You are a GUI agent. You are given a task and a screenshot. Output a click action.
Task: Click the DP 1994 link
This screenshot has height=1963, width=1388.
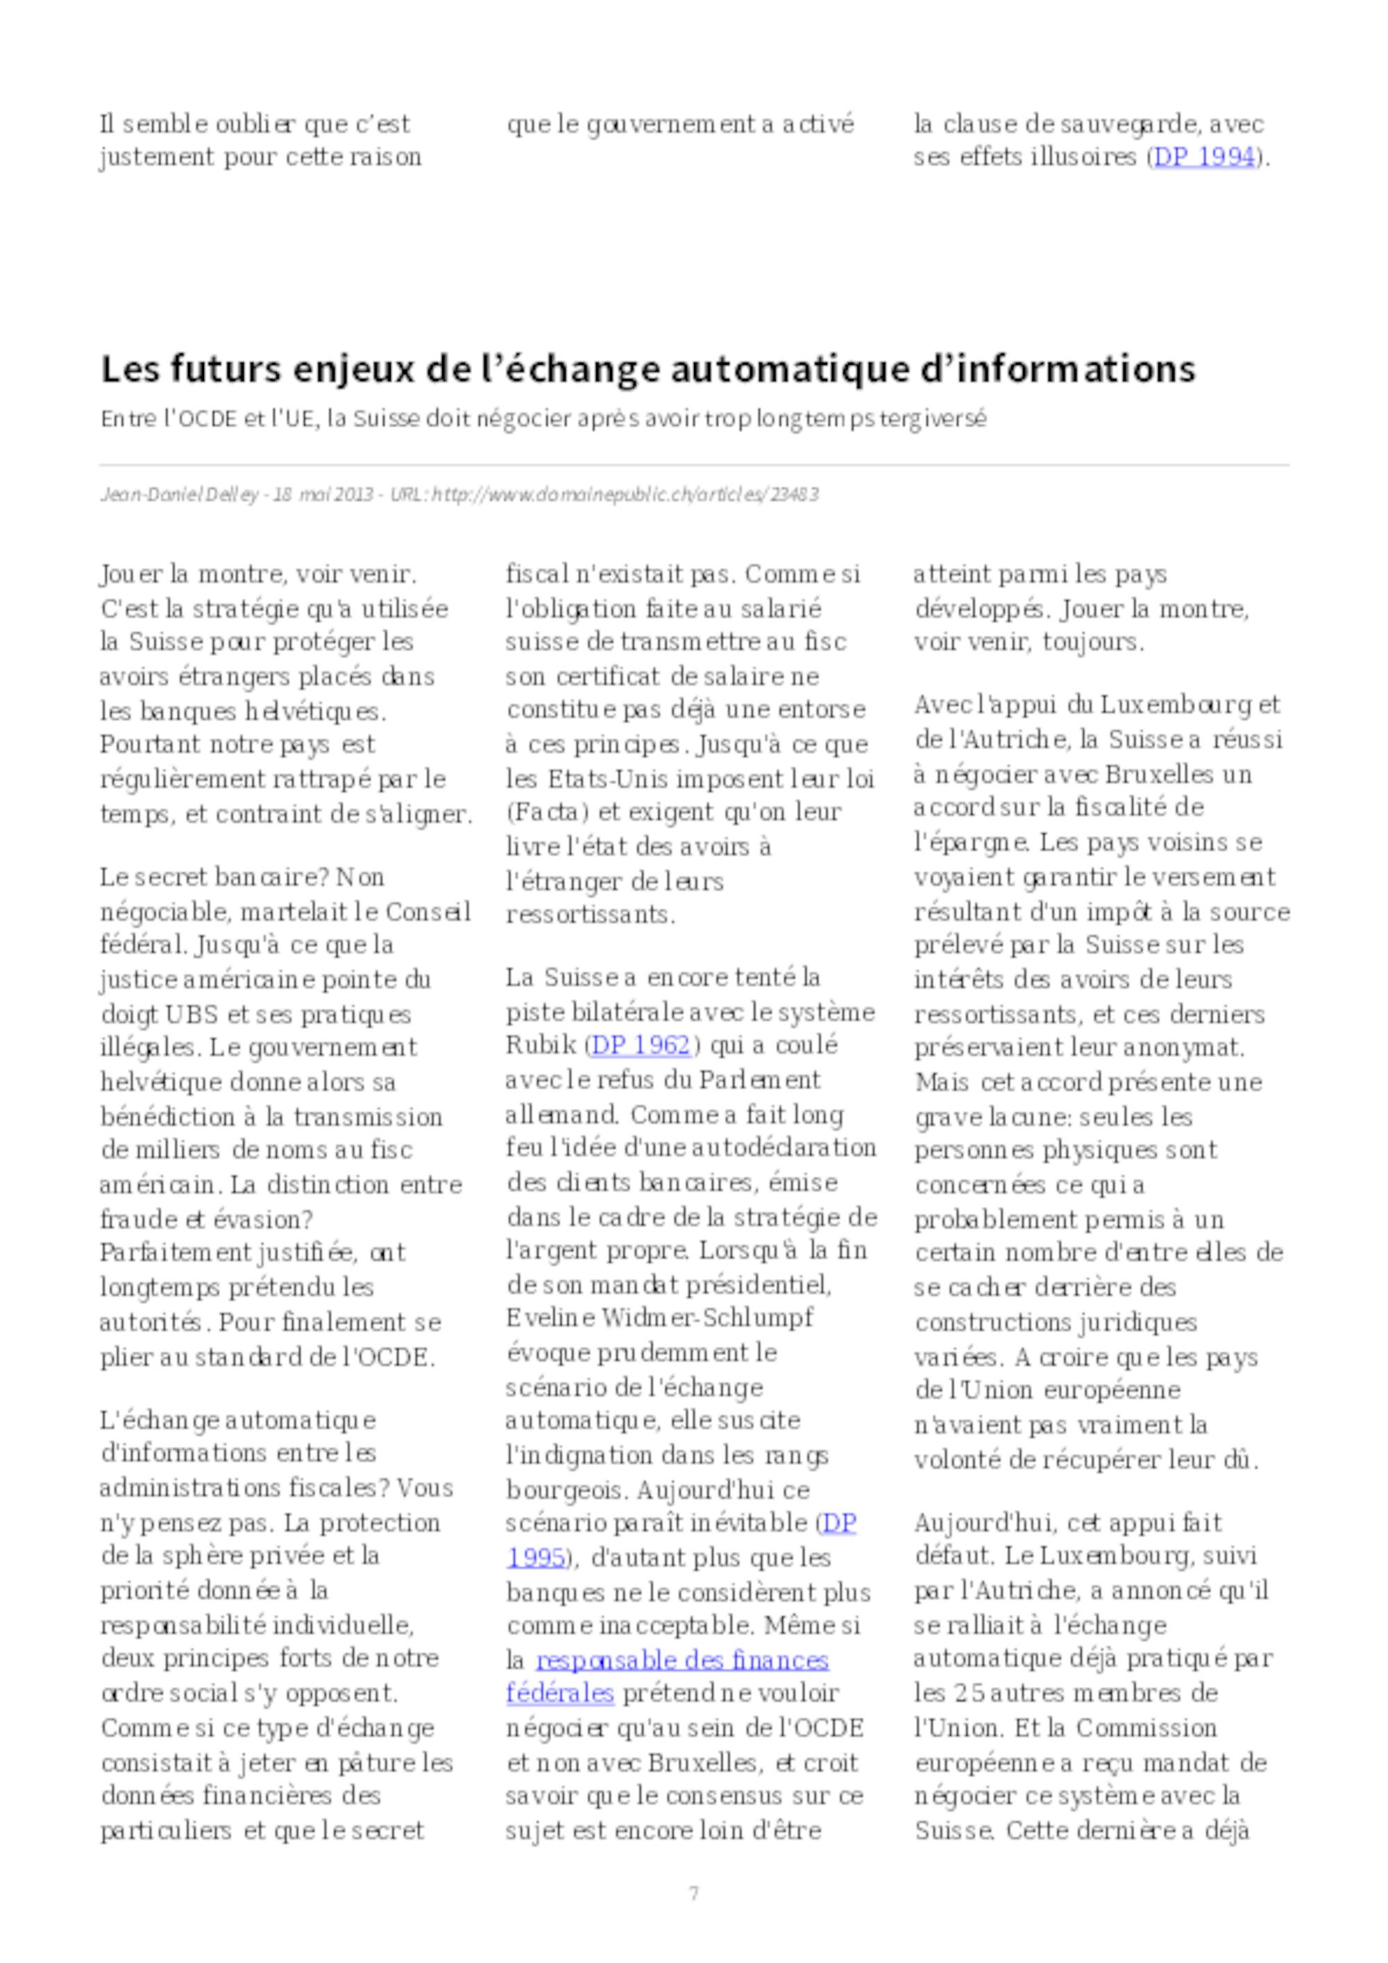[1203, 157]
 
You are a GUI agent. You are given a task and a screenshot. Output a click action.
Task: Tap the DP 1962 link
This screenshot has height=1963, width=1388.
[641, 1045]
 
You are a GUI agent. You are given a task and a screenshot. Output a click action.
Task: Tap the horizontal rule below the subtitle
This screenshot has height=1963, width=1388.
[693, 466]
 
